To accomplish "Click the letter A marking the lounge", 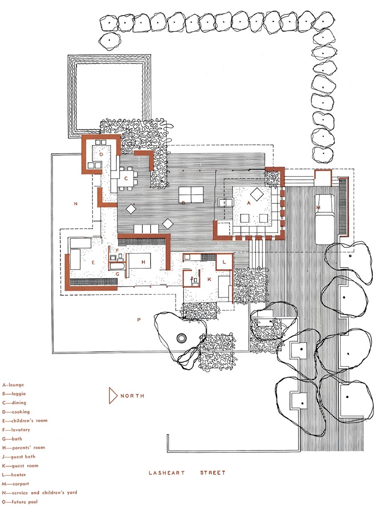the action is (x=249, y=203).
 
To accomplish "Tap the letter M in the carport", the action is (x=318, y=207).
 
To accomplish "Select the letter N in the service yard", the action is (x=76, y=204).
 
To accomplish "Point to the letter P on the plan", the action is (x=139, y=320).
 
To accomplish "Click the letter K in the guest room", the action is (x=209, y=279).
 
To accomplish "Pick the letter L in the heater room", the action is (x=224, y=262).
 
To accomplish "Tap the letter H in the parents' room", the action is (x=143, y=262).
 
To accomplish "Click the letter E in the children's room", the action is (x=93, y=262).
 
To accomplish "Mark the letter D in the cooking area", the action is (x=101, y=154).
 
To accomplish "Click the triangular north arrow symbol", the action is (x=113, y=396).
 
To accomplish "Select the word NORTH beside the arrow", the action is (x=133, y=396).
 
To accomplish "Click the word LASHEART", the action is (x=166, y=473).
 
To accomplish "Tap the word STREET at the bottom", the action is (x=213, y=473).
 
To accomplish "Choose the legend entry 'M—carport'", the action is (x=16, y=484).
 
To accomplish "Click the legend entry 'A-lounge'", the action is (x=13, y=385).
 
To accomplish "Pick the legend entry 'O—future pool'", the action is (x=20, y=502).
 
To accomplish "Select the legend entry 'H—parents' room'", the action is (x=24, y=448).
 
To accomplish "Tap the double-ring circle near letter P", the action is (x=181, y=338).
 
